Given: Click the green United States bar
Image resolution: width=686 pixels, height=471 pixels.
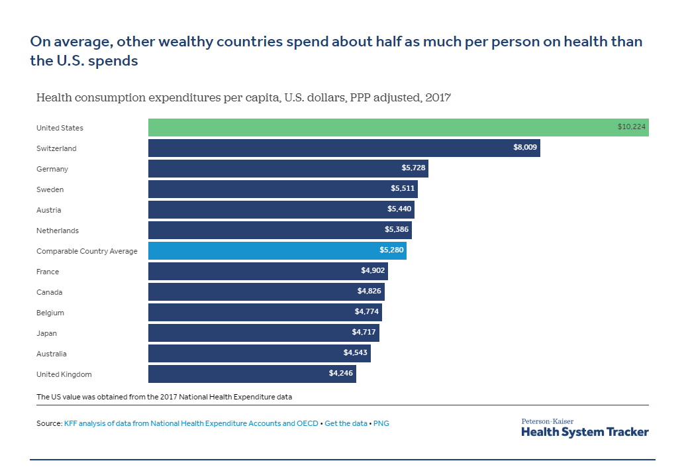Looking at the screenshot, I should pos(397,128).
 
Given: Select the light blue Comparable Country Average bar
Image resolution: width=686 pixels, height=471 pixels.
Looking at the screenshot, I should pos(277,251).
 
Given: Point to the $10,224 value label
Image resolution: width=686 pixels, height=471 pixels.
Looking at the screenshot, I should pos(632,128).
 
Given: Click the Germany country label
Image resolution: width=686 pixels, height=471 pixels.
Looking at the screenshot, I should pos(52,169).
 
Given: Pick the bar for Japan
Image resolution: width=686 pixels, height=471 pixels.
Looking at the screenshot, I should pos(264,333).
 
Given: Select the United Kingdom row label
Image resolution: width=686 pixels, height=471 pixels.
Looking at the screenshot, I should pos(64,374).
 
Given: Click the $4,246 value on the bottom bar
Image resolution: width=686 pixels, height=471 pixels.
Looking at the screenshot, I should pos(341,374).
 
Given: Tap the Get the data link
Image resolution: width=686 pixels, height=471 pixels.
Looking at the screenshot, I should pos(346,423).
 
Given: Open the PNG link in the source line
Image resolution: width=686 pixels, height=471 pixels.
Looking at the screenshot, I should pos(381,423).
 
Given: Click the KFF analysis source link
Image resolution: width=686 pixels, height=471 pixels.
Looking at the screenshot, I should pos(191,423).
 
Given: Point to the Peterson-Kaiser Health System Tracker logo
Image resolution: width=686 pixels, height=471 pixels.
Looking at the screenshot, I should pos(585,428).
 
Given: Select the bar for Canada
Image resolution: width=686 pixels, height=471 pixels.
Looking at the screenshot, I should pos(266,292).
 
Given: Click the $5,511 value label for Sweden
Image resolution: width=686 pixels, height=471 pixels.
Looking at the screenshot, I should pos(403,189).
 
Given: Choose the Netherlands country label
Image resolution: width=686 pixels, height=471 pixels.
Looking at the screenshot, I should pos(58,231).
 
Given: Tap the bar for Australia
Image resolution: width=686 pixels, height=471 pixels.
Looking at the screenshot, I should pos(259,354).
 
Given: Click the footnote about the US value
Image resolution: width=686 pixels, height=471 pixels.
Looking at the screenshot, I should pos(164,397).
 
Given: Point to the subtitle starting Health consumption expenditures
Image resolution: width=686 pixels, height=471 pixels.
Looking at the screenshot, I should pos(244,98).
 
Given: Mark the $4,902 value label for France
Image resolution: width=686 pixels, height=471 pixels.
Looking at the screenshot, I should pos(372,271).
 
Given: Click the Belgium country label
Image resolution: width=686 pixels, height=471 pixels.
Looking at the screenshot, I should pos(50,313).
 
